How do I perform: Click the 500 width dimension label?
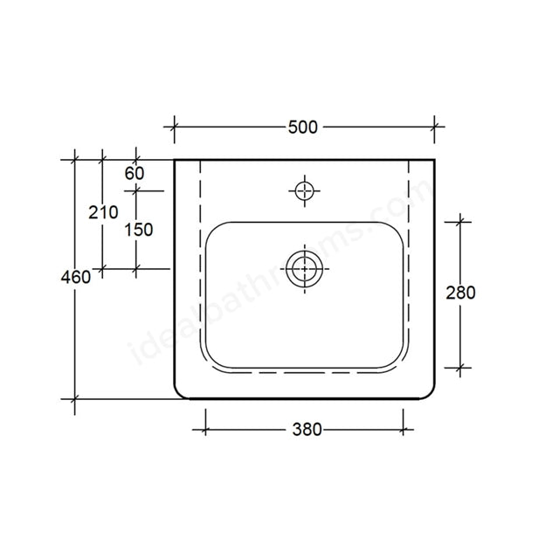[x=302, y=127]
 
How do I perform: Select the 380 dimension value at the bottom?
[x=307, y=429]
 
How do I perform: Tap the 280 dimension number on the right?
[x=460, y=293]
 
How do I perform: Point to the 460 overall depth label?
[x=76, y=278]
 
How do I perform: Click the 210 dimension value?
[x=104, y=211]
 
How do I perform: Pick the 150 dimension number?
[x=138, y=230]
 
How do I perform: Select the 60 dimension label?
[x=134, y=173]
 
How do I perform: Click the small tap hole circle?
[x=303, y=190]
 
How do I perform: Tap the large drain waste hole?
[x=303, y=268]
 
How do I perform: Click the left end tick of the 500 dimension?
[x=174, y=127]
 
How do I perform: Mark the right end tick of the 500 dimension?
[x=434, y=127]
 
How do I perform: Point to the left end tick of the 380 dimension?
[x=205, y=429]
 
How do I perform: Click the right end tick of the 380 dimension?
[x=403, y=429]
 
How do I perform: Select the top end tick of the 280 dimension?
[x=460, y=222]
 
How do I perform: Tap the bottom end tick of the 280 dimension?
[x=460, y=369]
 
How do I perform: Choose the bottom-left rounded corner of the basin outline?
[x=180, y=392]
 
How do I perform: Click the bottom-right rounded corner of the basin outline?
[x=428, y=392]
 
